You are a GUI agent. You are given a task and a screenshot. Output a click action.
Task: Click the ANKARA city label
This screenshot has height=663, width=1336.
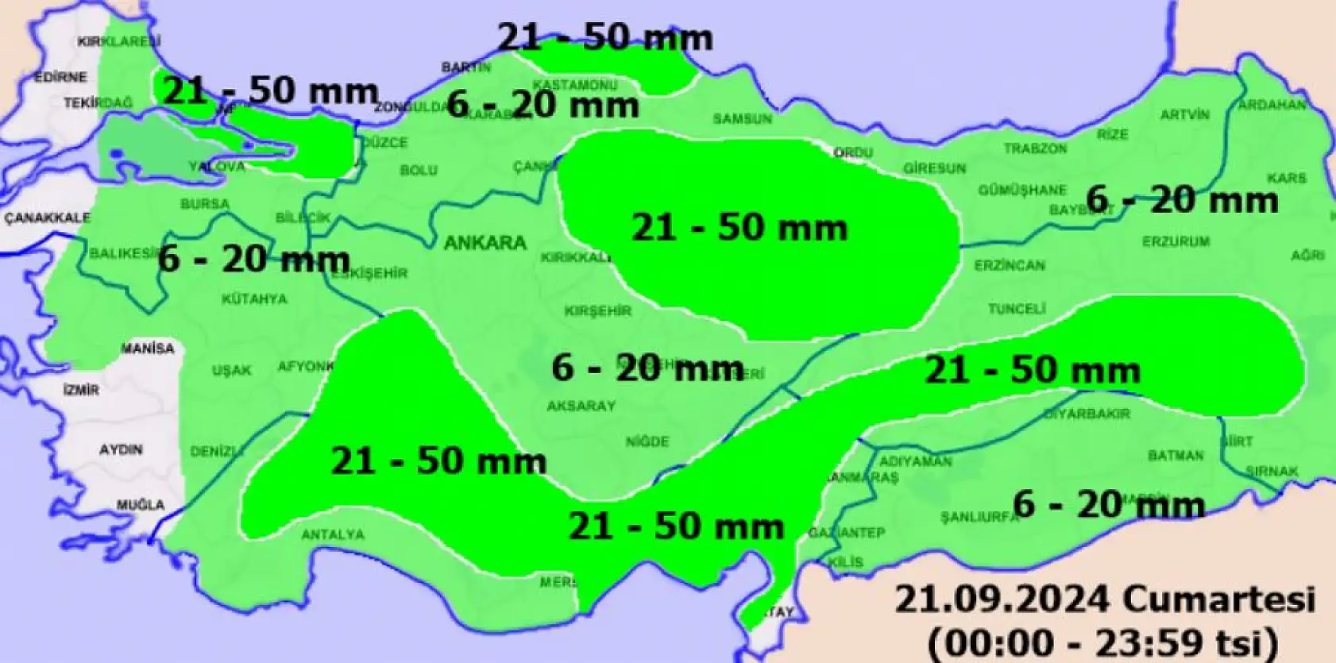[x=485, y=242]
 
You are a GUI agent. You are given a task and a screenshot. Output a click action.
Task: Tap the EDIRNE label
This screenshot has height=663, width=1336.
[x=60, y=78]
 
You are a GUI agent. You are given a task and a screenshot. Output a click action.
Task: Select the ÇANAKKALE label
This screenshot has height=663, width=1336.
[x=48, y=218]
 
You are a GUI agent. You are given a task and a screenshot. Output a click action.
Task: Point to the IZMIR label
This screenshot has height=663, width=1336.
[x=81, y=390]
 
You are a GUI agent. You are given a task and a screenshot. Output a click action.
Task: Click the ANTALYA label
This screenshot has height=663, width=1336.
[x=333, y=534]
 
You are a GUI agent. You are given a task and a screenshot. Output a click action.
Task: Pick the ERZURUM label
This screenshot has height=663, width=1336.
[x=1176, y=241]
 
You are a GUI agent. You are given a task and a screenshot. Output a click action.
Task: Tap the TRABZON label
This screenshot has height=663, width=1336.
[x=1035, y=148]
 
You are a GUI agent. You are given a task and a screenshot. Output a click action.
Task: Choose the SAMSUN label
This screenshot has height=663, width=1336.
[x=742, y=119]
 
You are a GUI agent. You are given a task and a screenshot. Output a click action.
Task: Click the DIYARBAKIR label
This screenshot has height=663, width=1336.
[x=1087, y=414]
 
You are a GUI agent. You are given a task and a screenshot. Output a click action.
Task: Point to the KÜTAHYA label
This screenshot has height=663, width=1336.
[x=254, y=299]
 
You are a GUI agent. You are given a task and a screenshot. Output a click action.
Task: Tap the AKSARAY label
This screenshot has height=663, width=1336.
[x=581, y=406]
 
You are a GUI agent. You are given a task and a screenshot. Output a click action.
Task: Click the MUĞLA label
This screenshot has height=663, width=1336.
[x=141, y=504]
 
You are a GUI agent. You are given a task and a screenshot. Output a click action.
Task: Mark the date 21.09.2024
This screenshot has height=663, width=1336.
[x=1002, y=599]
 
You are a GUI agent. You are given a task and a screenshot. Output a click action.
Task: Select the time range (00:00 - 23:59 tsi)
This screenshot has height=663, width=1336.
[x=1103, y=641]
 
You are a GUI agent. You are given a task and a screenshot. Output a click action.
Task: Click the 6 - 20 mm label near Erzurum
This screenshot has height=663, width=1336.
[x=1182, y=199]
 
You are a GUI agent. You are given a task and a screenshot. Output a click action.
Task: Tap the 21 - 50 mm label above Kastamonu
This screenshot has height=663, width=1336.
[x=605, y=37]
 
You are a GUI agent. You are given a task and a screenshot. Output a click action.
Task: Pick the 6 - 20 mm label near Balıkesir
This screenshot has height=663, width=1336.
[x=254, y=259]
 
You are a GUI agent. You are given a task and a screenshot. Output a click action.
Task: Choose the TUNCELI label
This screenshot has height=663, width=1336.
[x=1017, y=308]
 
